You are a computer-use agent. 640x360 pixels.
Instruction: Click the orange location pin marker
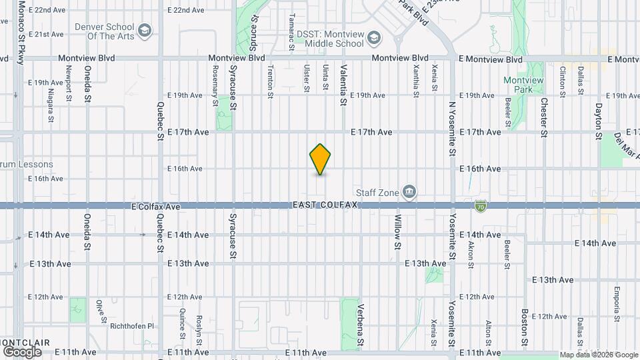tap(321, 159)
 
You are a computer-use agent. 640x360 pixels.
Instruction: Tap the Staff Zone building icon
tap(410, 193)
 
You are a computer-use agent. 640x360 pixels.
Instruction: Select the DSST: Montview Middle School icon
tap(373, 37)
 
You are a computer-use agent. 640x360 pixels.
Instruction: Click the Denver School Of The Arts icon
tap(145, 30)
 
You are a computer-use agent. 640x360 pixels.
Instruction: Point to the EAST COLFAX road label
tap(325, 205)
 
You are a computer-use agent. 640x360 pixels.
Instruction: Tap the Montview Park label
tap(523, 85)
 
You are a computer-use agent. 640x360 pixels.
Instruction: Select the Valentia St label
tap(343, 85)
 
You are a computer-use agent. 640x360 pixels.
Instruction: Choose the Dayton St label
tap(598, 121)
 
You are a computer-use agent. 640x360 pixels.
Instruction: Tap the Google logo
tap(22, 351)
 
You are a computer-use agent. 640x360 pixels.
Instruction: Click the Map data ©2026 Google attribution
tap(598, 355)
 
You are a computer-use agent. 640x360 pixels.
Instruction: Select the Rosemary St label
tap(215, 85)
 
